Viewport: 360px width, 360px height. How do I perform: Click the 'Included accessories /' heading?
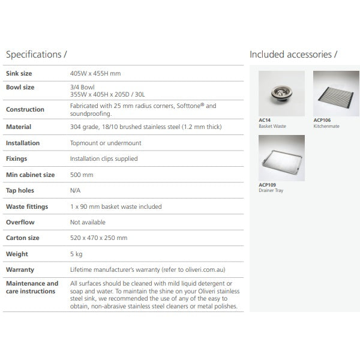point(293,55)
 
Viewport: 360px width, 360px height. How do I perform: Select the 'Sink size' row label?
point(19,74)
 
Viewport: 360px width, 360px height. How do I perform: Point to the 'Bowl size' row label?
point(20,88)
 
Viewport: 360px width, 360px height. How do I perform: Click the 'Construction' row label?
point(25,110)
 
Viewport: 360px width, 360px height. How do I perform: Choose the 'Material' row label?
point(19,127)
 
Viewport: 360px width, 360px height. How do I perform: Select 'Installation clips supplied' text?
point(104,159)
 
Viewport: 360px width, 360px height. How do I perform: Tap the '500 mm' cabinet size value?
point(82,175)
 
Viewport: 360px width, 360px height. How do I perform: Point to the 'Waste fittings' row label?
point(26,206)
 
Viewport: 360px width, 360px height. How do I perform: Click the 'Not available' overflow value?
point(88,222)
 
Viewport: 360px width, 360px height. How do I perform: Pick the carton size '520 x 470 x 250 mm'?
point(98,238)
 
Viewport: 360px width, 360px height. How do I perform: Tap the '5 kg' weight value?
point(76,254)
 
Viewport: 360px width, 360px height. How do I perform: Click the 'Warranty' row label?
point(20,270)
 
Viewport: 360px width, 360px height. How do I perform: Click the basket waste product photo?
point(281,94)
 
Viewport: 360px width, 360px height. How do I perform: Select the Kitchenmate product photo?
point(337,94)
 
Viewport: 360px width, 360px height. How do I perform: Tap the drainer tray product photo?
point(281,158)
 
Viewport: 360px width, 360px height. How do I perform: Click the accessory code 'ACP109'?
point(266,185)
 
